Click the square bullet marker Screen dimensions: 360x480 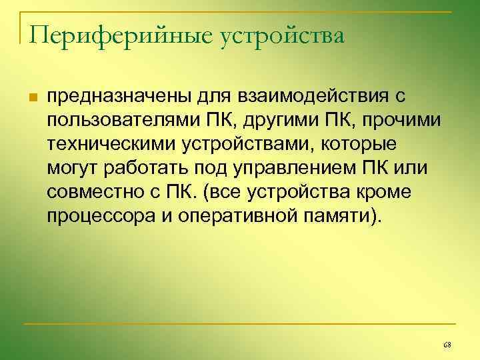[x=31, y=98]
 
